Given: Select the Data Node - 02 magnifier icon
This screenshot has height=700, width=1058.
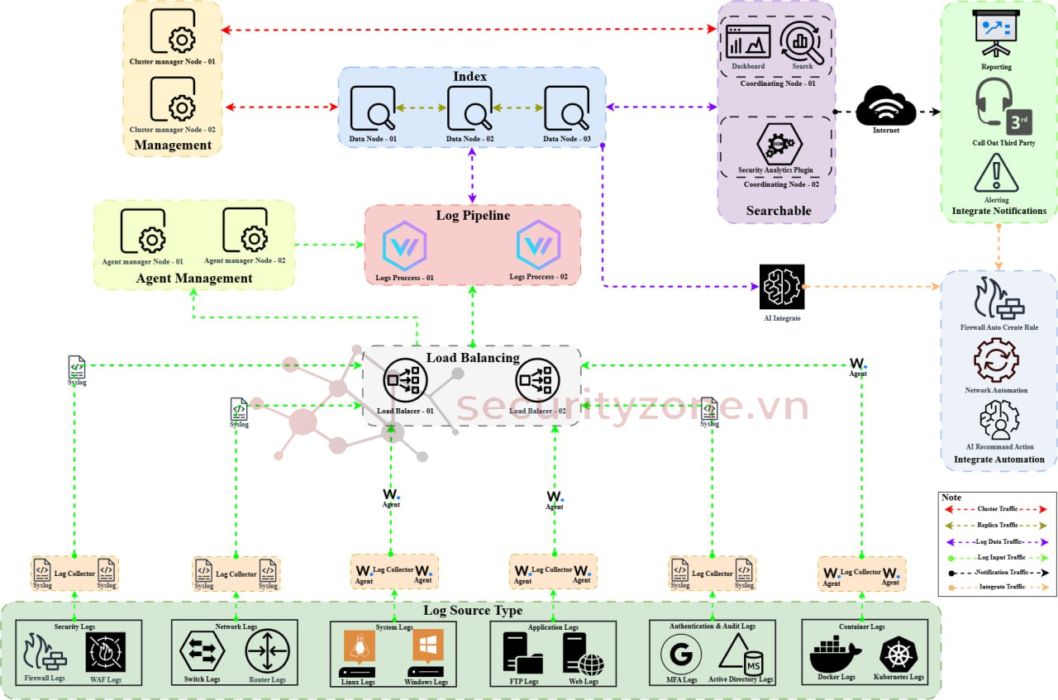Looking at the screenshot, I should pyautogui.click(x=469, y=108).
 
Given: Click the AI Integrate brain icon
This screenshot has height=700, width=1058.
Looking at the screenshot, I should pyautogui.click(x=781, y=287).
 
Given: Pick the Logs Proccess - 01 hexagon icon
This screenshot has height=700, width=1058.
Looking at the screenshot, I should pyautogui.click(x=404, y=245).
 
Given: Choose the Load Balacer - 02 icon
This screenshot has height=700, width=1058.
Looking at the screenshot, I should pyautogui.click(x=537, y=381).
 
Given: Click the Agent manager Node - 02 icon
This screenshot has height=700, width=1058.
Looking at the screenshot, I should pyautogui.click(x=244, y=231).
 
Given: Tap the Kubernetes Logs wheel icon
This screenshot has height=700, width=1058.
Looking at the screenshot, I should pyautogui.click(x=898, y=655).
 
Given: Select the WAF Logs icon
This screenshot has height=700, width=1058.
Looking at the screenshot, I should pyautogui.click(x=106, y=653).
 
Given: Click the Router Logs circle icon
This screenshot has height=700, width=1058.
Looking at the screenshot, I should pyautogui.click(x=267, y=651).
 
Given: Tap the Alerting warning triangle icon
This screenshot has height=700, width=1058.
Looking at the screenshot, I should pyautogui.click(x=996, y=173).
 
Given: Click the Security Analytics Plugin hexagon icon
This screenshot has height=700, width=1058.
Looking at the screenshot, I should pyautogui.click(x=779, y=144).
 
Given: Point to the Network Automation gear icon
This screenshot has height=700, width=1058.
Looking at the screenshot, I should pyautogui.click(x=995, y=360).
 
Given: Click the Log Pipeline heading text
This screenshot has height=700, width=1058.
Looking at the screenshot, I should pyautogui.click(x=473, y=216).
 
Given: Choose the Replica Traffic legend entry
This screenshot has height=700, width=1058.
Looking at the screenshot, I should pyautogui.click(x=997, y=525).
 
